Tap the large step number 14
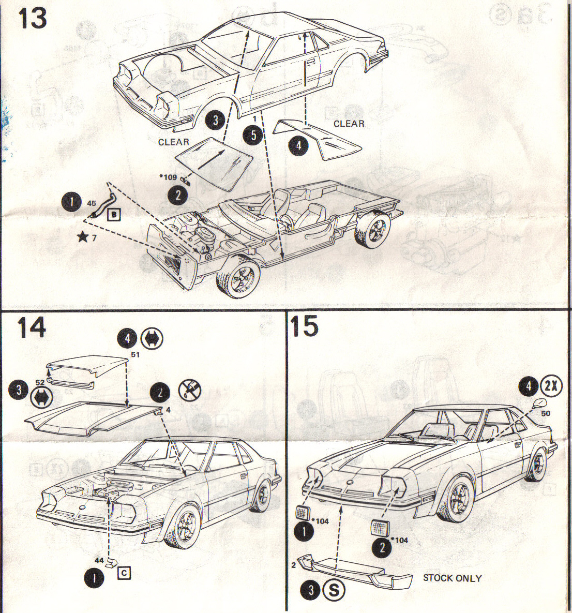pyautogui.click(x=32, y=328)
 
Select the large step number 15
pyautogui.click(x=304, y=326)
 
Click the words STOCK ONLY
pyautogui.click(x=452, y=578)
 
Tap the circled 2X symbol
pyautogui.click(x=551, y=386)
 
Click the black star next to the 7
pyautogui.click(x=82, y=237)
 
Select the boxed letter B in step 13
pyautogui.click(x=113, y=214)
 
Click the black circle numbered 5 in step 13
pyautogui.click(x=253, y=135)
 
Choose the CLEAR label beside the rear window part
pyautogui.click(x=349, y=124)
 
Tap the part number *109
pyautogui.click(x=168, y=177)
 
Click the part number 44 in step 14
pyautogui.click(x=99, y=560)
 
